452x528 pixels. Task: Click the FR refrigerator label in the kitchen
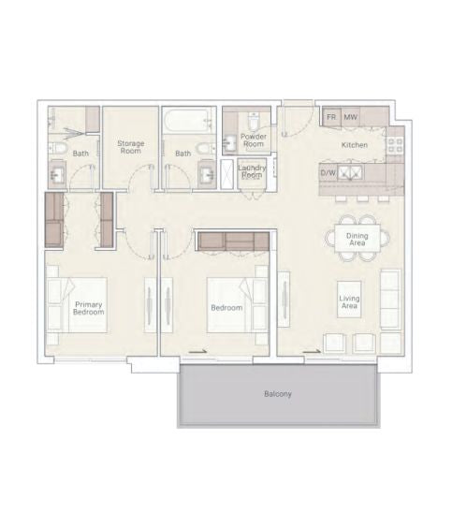(x=331, y=117)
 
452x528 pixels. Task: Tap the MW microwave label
(x=350, y=117)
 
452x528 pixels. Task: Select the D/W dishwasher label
(x=328, y=173)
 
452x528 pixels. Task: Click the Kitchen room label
(x=355, y=145)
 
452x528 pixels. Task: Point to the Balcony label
(x=278, y=393)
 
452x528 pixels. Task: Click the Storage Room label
(x=131, y=147)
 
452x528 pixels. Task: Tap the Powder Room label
(x=254, y=140)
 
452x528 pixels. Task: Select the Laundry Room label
(x=252, y=171)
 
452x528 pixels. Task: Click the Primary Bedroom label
(x=89, y=308)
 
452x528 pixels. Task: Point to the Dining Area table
(x=357, y=239)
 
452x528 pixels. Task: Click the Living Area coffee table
(x=349, y=300)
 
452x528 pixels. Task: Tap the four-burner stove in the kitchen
(x=396, y=145)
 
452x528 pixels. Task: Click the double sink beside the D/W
(x=350, y=172)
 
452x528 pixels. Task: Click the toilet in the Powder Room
(x=253, y=121)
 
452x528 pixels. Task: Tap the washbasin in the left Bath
(x=57, y=173)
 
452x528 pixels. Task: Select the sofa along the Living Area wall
(x=391, y=299)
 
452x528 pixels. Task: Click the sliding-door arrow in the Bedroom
(x=197, y=352)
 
